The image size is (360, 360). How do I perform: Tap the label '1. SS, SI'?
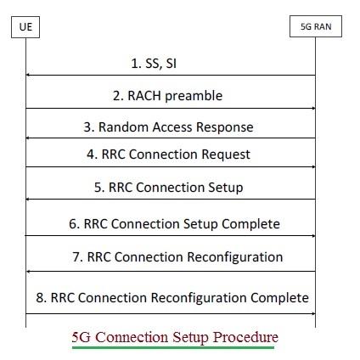(x=171, y=63)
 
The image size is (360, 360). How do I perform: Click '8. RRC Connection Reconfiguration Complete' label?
(x=170, y=298)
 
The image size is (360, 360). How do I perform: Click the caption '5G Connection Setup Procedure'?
(x=174, y=336)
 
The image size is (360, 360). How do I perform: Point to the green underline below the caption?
(x=174, y=347)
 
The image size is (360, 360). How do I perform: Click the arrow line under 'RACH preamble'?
(x=170, y=108)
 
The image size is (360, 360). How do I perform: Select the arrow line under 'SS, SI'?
(x=170, y=76)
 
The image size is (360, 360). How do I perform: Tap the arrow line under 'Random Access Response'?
(x=170, y=138)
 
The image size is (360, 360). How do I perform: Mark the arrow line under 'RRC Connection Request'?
(x=170, y=166)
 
